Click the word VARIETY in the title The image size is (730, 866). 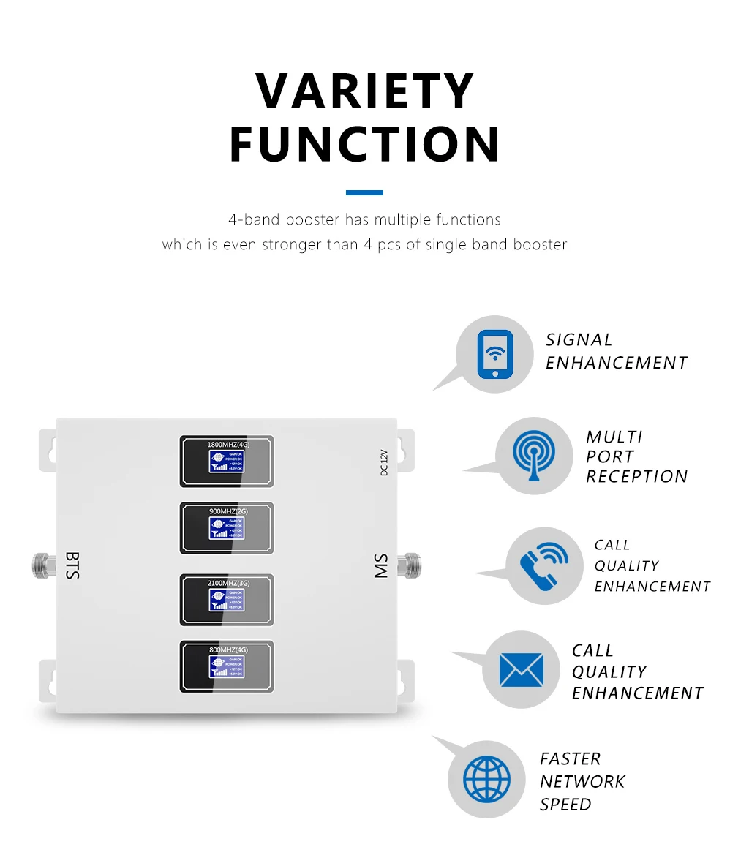pos(365,92)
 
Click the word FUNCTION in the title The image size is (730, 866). pos(365,144)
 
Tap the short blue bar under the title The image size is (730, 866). pos(364,193)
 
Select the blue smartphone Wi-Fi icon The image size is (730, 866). pos(495,355)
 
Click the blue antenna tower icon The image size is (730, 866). pos(534,456)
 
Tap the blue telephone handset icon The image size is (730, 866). pos(543,566)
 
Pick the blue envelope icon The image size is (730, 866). pos(521,669)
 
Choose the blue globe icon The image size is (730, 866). pos(486,778)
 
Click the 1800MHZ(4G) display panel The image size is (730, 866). pos(227,461)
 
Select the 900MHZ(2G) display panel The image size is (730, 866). pos(227,528)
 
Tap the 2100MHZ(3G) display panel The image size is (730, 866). pos(227,600)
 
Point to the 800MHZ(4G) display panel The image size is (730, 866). pos(227,666)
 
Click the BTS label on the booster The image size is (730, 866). pos(72,565)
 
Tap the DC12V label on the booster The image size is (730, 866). pos(383,462)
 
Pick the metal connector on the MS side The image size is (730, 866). pos(412,564)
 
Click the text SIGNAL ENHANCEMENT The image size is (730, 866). pos(616,351)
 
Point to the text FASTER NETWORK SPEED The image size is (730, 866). pos(582,781)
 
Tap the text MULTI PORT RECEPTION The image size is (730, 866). pos(636,456)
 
